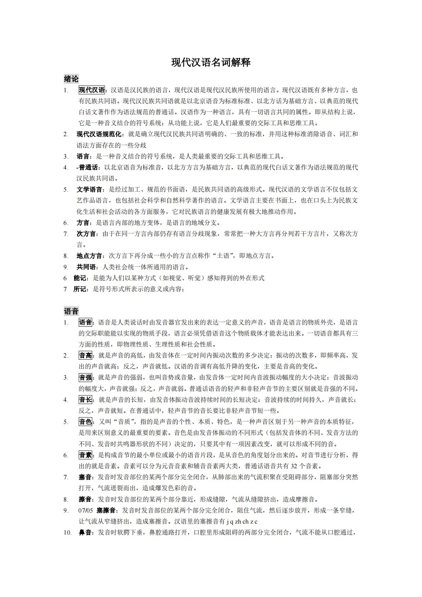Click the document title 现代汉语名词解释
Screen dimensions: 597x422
[211, 63]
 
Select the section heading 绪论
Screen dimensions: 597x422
[71, 79]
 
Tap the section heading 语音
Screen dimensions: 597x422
[71, 311]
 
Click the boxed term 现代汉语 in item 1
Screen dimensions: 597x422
[92, 90]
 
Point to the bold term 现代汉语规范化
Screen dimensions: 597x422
[99, 134]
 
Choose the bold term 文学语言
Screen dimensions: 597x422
[89, 189]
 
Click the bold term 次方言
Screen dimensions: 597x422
[86, 234]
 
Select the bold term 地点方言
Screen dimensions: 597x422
[89, 256]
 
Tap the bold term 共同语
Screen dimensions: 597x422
[86, 267]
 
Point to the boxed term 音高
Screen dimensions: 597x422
[85, 355]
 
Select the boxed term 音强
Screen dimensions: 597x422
[85, 377]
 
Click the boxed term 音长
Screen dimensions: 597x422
[85, 400]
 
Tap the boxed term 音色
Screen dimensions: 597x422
[85, 422]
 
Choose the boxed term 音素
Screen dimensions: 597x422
[85, 455]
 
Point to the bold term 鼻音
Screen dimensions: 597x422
[85, 532]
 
